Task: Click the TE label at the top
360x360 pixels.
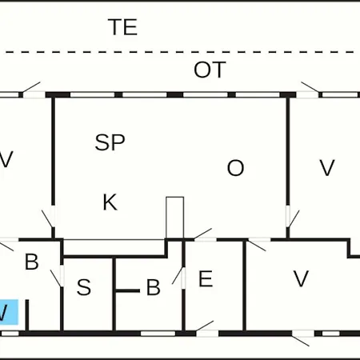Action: tap(122, 27)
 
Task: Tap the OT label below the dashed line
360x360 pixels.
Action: tap(210, 70)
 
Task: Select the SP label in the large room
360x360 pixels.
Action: tap(110, 142)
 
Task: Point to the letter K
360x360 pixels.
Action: tap(110, 202)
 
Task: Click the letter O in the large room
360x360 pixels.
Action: tap(235, 168)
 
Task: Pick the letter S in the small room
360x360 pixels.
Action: tap(84, 287)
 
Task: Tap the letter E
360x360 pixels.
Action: tap(206, 278)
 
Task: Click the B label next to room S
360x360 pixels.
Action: tap(154, 287)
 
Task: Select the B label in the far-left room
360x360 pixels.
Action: tap(32, 262)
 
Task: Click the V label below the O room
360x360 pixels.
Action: tap(301, 278)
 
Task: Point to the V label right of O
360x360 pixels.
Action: tap(327, 168)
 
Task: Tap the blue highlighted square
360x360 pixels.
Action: tap(9, 312)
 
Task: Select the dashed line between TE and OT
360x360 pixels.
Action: tap(180, 52)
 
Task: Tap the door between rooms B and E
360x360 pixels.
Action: tap(179, 278)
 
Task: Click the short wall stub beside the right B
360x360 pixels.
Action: tap(128, 290)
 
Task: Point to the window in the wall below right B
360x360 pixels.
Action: tap(158, 334)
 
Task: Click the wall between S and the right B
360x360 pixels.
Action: tap(114, 294)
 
